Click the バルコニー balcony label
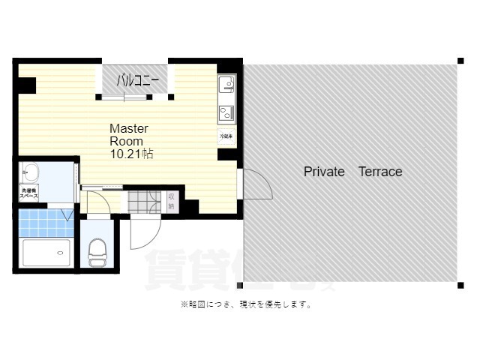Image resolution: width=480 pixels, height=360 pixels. click(x=135, y=80)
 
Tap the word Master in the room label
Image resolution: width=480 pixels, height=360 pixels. click(x=129, y=128)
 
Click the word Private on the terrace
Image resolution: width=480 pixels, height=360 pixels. click(x=324, y=172)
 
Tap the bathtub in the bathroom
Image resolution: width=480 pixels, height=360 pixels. click(x=46, y=253)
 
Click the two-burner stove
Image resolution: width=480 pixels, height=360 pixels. click(x=226, y=112)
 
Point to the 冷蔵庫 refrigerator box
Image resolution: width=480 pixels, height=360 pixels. click(x=226, y=136)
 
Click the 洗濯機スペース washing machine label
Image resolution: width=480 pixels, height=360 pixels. click(x=29, y=193)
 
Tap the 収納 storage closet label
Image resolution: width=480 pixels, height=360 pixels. click(x=171, y=200)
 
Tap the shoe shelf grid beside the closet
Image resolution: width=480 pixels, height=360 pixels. click(x=142, y=201)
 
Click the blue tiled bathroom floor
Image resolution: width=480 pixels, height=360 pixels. click(x=45, y=223)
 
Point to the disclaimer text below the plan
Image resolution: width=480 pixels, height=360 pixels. click(x=246, y=304)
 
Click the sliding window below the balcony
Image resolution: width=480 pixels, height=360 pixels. click(x=135, y=96)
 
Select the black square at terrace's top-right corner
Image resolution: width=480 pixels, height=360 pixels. click(x=460, y=61)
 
